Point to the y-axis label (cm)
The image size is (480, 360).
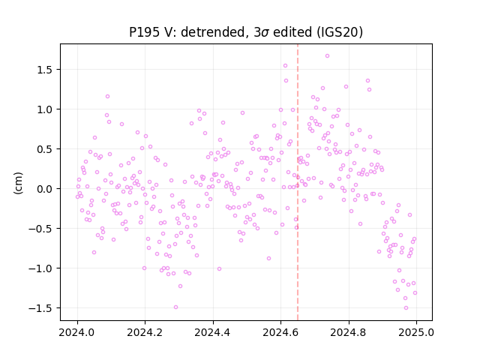(18, 183)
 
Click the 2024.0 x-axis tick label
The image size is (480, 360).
(77, 332)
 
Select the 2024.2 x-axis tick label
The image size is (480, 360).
(145, 332)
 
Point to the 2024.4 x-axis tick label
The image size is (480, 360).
(213, 332)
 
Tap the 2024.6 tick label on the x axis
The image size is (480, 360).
(280, 332)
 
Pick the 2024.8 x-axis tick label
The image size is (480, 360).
(348, 332)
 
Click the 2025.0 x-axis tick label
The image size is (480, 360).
(416, 332)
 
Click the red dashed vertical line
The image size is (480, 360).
(298, 182)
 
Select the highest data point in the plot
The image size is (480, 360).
(327, 56)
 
